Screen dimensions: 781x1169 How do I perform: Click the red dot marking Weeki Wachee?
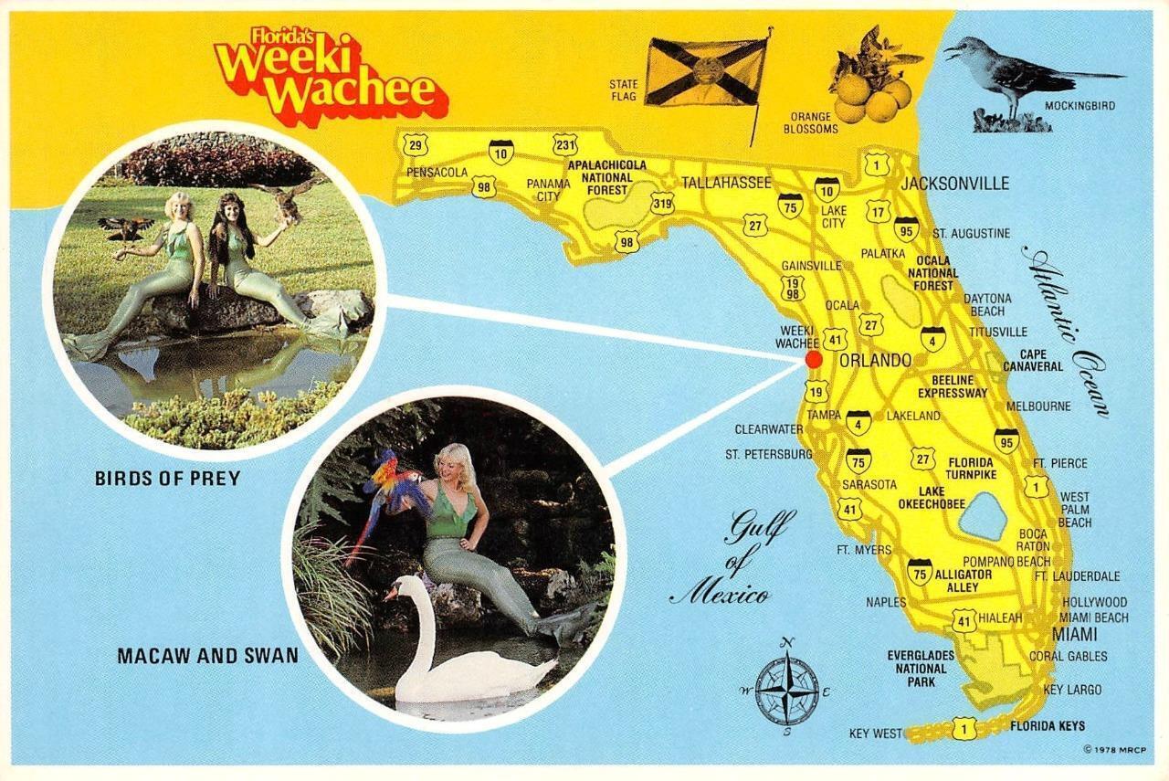pos(813,359)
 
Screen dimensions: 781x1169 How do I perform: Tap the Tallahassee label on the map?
pos(726,183)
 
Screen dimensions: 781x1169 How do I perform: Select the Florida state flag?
pos(705,72)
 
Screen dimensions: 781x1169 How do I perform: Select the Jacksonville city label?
pos(954,184)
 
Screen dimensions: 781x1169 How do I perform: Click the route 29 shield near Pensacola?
pos(416,144)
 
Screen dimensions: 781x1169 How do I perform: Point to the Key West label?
pos(875,734)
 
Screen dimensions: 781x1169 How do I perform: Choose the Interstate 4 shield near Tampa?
pos(858,422)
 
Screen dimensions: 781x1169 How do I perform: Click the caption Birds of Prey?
pos(167,478)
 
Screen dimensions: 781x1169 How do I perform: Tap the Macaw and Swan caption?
pos(207,655)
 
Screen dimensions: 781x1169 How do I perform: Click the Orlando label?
pos(875,360)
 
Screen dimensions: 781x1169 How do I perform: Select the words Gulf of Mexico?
pos(735,557)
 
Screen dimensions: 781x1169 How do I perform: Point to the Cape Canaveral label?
pos(1033,360)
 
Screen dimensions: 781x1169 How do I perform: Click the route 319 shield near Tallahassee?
pos(662,205)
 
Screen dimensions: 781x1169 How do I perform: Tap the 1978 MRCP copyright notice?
pos(1109,749)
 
